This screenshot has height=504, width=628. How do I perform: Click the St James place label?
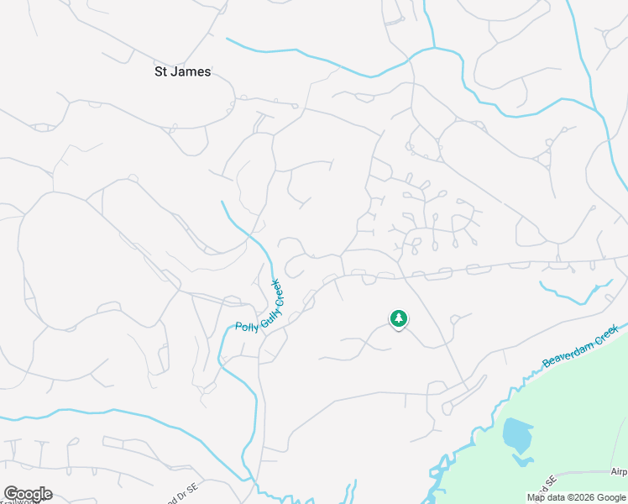point(182,72)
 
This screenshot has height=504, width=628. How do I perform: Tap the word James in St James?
point(191,72)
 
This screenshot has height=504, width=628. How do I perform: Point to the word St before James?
point(161,72)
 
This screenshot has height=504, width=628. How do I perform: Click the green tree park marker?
point(398,319)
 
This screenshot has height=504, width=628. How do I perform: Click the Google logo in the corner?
point(28,494)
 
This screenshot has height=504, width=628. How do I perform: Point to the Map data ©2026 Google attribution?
point(576,497)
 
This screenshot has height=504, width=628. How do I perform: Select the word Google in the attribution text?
point(610,497)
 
